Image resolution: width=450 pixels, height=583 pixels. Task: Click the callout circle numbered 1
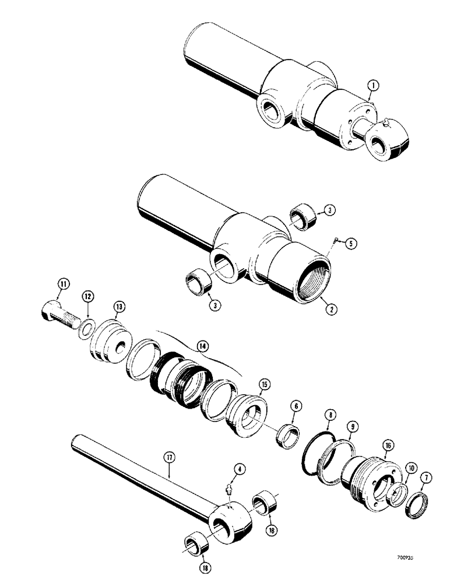[x=373, y=86]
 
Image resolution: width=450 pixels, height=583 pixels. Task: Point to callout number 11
[x=63, y=285]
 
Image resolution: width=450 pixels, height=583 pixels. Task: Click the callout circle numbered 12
[x=87, y=298]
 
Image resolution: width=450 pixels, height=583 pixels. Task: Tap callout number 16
[x=389, y=447]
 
